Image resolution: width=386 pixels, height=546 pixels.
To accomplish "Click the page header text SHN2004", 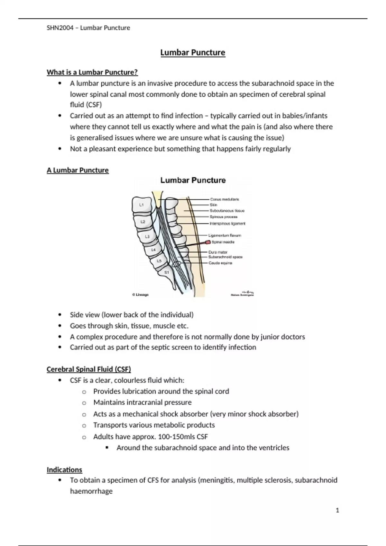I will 60,28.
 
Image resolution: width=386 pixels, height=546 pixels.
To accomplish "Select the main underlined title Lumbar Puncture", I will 193,53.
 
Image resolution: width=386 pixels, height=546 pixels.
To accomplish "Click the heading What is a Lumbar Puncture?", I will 92,72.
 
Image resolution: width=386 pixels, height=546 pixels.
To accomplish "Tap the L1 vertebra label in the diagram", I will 141,205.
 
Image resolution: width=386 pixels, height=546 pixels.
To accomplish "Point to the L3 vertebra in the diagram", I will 147,237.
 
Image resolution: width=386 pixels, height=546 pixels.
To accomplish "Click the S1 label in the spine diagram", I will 167,272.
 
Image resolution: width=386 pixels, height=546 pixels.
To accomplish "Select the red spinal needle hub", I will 208,242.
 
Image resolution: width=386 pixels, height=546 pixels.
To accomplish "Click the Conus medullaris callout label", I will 225,199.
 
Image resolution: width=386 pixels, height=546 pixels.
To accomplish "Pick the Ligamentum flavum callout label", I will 225,235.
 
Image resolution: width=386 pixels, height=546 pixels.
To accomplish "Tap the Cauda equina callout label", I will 220,263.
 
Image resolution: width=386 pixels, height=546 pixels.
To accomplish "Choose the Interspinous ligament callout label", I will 227,224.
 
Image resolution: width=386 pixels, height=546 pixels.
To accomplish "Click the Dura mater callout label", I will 218,252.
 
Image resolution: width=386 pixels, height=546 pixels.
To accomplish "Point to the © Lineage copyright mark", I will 140,295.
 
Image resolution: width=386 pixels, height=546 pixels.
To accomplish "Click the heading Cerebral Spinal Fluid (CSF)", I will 89,369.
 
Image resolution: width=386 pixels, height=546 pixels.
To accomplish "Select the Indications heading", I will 64,470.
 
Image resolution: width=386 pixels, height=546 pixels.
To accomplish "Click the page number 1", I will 337,510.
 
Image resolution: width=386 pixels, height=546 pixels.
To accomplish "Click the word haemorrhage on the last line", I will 91,491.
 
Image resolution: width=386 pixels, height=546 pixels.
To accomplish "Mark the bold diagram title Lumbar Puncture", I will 193,181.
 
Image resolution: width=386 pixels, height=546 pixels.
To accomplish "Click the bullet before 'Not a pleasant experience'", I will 60,149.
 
